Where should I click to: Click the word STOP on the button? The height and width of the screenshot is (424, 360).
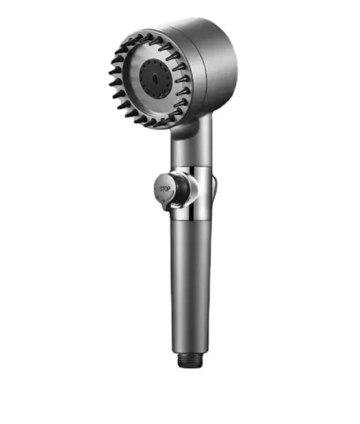coord(165,189)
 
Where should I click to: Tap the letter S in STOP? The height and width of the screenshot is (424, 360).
coord(161,189)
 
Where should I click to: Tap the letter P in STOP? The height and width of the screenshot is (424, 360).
coord(168,188)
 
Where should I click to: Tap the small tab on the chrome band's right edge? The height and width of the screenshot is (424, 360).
coord(215,189)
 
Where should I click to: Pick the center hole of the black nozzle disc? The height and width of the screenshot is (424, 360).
coord(155,79)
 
